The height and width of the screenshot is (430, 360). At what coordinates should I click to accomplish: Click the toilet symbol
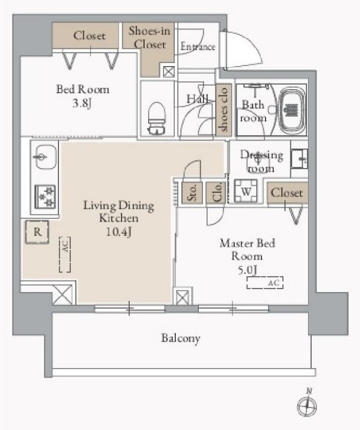(156, 118)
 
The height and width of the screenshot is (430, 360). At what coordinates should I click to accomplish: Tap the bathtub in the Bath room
(292, 111)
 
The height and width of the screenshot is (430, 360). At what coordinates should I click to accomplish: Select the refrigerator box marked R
(37, 232)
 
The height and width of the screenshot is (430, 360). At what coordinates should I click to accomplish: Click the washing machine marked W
(246, 191)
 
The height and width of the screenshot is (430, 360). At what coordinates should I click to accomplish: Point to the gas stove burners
(45, 196)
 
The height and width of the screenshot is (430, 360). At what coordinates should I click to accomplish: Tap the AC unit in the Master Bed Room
(265, 283)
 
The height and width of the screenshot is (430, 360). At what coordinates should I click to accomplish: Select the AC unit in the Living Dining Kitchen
(65, 254)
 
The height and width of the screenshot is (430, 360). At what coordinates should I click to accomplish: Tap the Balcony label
(181, 339)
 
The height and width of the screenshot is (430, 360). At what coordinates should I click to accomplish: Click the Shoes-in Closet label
(149, 38)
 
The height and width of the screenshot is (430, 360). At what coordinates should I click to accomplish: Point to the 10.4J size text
(119, 232)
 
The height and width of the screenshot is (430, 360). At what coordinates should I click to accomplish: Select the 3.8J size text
(82, 103)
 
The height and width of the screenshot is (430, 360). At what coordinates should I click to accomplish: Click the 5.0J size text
(247, 270)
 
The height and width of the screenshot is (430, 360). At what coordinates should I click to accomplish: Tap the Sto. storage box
(192, 193)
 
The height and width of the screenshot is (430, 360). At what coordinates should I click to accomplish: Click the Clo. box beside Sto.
(215, 193)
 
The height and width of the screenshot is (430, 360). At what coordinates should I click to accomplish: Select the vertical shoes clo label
(224, 110)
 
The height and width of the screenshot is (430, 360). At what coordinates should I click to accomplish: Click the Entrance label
(198, 47)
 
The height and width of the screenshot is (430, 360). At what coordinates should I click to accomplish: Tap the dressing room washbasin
(299, 159)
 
